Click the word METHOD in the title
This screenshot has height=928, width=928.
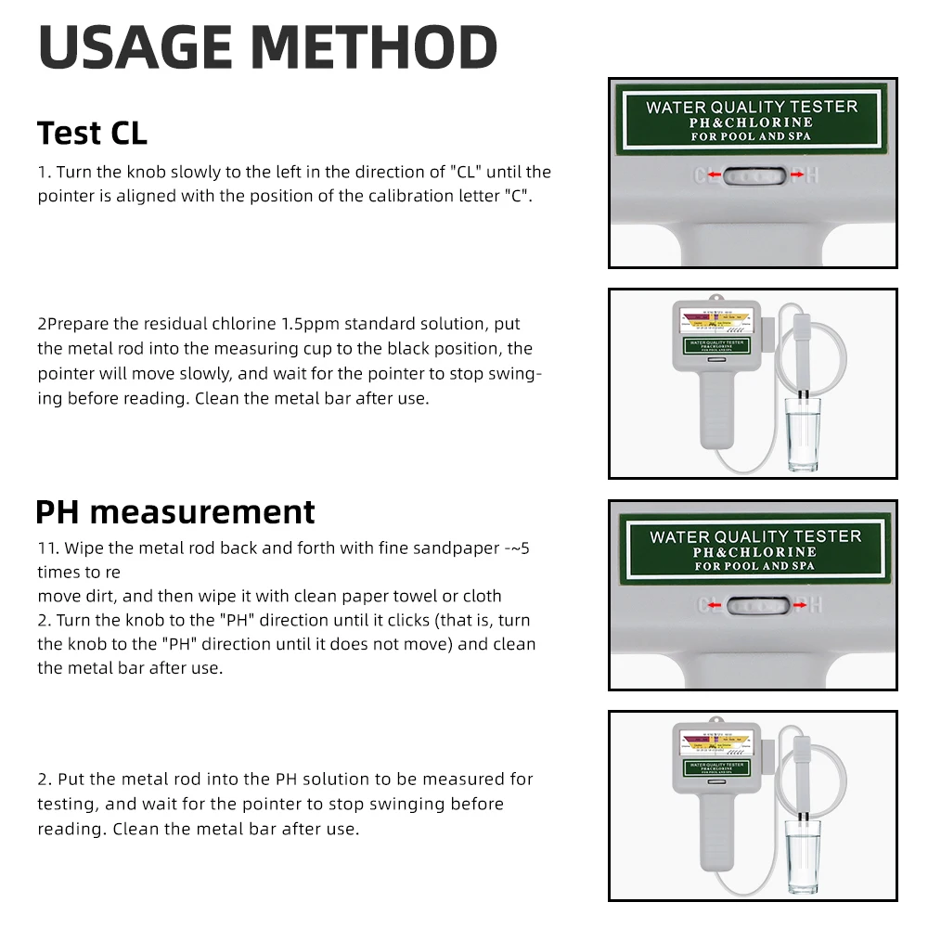coord(374,47)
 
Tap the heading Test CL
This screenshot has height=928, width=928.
coord(92,133)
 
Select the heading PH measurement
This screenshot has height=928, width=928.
coord(175,511)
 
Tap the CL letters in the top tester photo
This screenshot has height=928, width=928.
coord(707,174)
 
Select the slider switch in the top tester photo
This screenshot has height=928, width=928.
coord(754,174)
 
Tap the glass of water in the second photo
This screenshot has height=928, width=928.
coord(804,433)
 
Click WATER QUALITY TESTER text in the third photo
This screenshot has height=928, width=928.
coord(754,536)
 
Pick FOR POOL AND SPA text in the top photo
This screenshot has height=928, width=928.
coord(751,136)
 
